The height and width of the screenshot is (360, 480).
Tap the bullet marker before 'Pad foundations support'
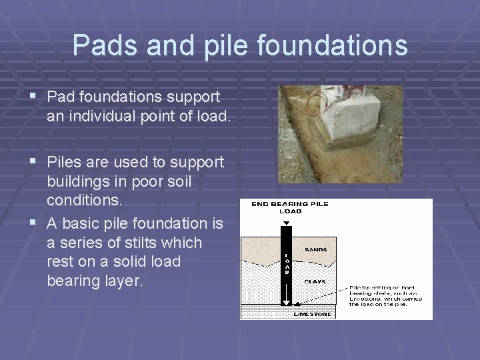tap(33, 97)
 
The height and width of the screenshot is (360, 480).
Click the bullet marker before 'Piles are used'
tap(33, 163)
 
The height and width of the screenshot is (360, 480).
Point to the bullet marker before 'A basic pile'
tap(33, 223)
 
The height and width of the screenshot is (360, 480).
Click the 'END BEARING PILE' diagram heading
tap(290, 203)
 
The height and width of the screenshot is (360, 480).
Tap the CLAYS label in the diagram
tap(315, 282)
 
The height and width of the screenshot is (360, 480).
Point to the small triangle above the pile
tap(285, 222)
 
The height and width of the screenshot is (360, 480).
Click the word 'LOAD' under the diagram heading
tap(290, 211)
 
